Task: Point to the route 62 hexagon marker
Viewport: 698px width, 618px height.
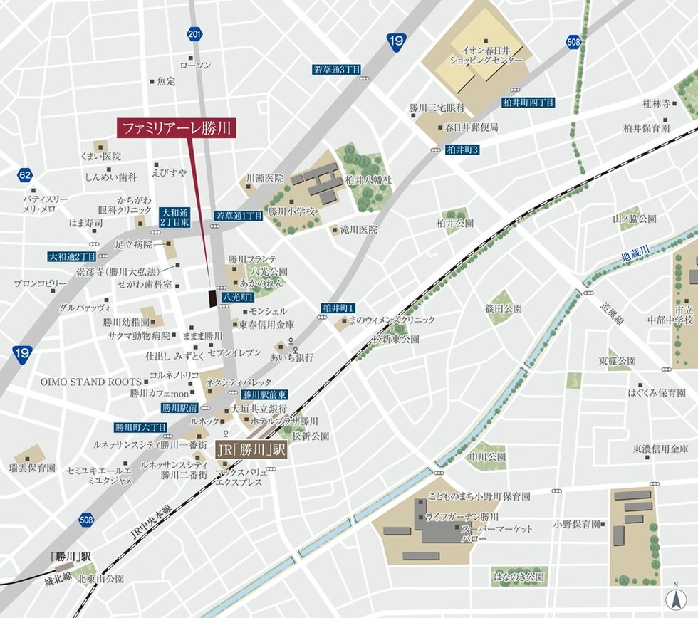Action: tap(25, 175)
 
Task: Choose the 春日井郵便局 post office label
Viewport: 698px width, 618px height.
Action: tap(471, 127)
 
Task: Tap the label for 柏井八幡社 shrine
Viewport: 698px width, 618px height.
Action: tap(368, 180)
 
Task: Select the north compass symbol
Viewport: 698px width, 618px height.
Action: tap(672, 598)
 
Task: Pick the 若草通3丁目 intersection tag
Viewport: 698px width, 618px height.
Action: tap(337, 70)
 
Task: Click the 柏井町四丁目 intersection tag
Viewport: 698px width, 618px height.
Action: tap(528, 103)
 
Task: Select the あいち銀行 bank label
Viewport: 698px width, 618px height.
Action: tap(293, 357)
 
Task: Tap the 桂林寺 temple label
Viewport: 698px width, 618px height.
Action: tap(657, 103)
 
